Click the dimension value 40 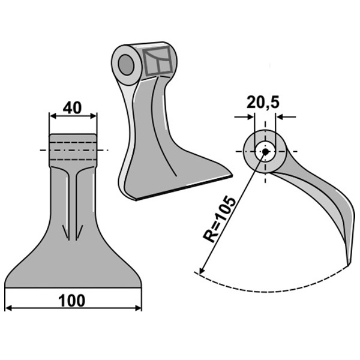coord(72,108)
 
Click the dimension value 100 coord(72,301)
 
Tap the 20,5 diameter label coord(263,103)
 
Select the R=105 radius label coord(219,219)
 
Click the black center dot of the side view coord(265,152)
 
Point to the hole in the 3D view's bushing coord(126,65)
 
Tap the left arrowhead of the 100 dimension coord(8,308)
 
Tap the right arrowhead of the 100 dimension coord(138,308)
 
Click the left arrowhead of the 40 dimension coord(53,116)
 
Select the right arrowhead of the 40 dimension coord(93,116)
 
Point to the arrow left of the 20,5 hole coord(244,118)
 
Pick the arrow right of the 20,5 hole coord(286,118)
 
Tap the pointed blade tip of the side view coord(348,265)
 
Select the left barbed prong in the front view coord(67,232)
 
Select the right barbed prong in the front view coord(79,232)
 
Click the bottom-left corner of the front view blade coord(5,287)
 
